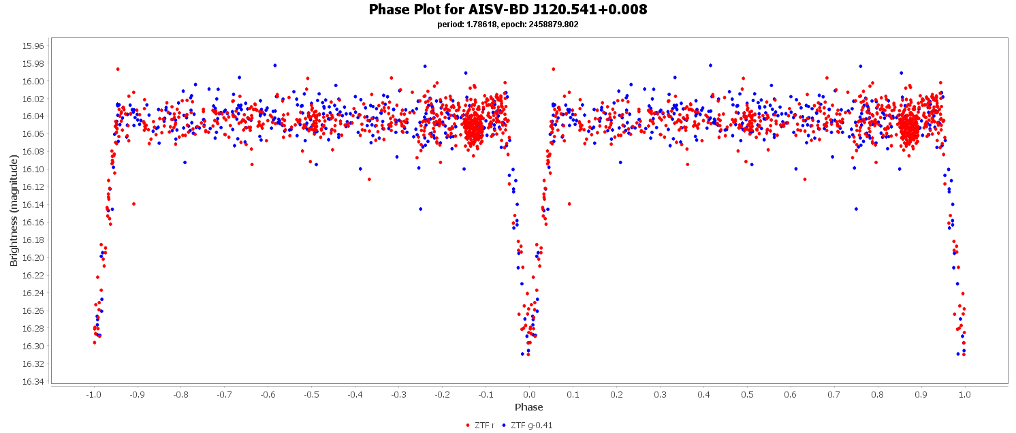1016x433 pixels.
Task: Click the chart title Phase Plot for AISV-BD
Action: (507, 10)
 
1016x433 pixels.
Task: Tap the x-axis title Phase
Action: (529, 407)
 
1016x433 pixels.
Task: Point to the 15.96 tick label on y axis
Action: (33, 46)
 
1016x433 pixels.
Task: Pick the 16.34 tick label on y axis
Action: (33, 382)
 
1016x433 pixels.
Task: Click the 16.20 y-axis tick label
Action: (33, 258)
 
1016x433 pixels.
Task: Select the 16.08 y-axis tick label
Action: (33, 152)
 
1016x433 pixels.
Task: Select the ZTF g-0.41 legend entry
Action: (528, 426)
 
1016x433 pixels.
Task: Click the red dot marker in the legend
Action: (468, 426)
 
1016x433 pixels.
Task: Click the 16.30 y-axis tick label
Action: (33, 347)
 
